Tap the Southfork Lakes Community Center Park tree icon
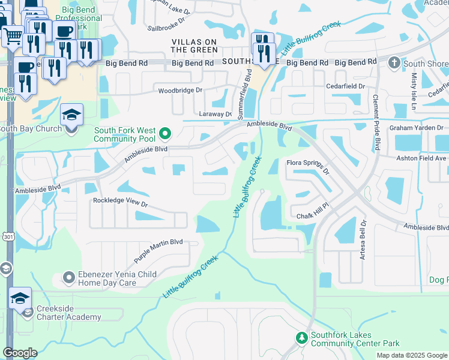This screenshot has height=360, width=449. click(301, 338)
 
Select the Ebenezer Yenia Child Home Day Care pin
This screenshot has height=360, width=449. click(68, 278)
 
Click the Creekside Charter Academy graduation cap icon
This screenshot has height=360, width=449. click(20, 298)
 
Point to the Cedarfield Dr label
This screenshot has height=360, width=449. click(345, 86)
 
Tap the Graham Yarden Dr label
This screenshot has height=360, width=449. click(415, 127)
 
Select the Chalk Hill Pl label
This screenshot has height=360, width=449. click(314, 216)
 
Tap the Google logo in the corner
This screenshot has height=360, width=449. click(20, 353)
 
